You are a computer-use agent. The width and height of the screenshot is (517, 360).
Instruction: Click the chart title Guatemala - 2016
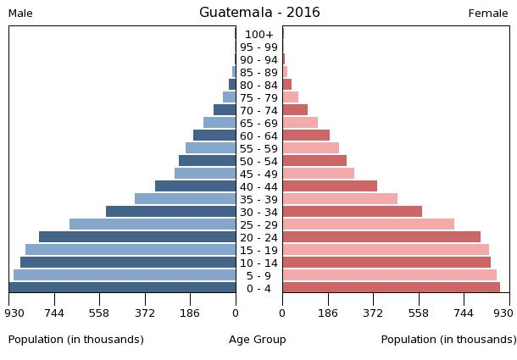[259, 13]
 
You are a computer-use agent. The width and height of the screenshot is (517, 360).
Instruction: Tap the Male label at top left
[20, 14]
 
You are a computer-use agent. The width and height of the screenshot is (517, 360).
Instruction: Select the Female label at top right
[488, 14]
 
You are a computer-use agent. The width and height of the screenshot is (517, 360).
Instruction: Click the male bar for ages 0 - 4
[123, 288]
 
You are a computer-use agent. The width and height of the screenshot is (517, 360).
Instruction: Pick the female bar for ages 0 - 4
[391, 288]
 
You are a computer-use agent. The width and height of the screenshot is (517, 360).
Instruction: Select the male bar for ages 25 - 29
[153, 224]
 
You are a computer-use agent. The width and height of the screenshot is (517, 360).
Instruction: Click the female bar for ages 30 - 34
[352, 212]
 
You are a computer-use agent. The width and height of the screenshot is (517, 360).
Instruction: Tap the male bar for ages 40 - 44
[195, 186]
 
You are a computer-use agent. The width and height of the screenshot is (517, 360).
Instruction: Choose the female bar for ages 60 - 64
[306, 136]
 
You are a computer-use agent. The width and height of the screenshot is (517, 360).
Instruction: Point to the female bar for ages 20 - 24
[381, 237]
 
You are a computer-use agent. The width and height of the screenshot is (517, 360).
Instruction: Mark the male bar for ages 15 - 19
[131, 250]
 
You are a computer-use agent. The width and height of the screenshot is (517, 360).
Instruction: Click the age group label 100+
[258, 34]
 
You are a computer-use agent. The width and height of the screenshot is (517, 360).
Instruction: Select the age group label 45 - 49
[258, 174]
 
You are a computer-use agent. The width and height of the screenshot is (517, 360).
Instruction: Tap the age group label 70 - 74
[258, 110]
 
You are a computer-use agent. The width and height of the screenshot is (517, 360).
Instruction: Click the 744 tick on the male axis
[54, 313]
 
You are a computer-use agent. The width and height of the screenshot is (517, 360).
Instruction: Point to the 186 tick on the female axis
[328, 313]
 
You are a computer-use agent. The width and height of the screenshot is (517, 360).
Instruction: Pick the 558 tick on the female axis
[419, 313]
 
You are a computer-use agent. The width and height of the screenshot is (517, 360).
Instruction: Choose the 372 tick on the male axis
[145, 313]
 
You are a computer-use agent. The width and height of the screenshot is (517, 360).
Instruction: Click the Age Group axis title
[258, 340]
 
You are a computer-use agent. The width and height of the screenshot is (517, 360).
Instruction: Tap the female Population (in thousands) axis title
[448, 340]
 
